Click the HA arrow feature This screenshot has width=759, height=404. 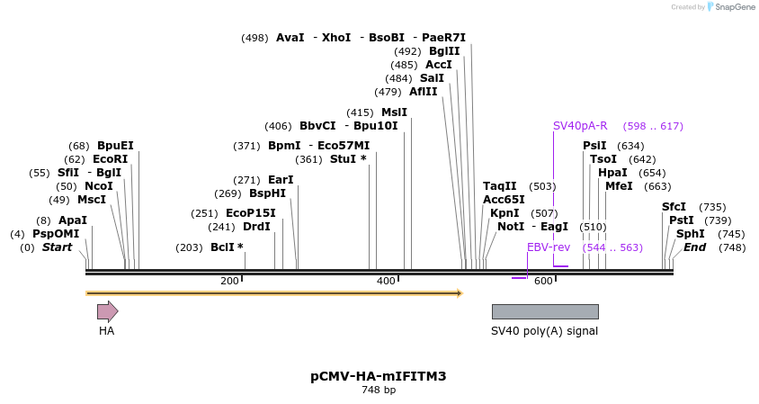[x=107, y=311]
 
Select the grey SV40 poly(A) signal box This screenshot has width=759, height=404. [x=544, y=311]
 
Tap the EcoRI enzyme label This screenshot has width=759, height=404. [x=110, y=159]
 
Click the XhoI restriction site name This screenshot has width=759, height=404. [x=335, y=38]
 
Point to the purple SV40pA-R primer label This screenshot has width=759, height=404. [x=580, y=126]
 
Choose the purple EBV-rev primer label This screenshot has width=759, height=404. [x=549, y=247]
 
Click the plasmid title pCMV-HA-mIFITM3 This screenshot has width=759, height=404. [x=378, y=376]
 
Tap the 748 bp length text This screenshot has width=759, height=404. [x=378, y=391]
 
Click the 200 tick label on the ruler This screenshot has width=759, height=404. [x=229, y=282]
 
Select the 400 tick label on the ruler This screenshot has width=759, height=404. [x=386, y=282]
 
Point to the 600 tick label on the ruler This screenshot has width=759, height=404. [x=543, y=282]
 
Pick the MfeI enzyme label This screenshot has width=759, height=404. [x=619, y=186]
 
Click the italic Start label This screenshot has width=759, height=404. [x=57, y=247]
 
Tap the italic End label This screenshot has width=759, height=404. [x=694, y=247]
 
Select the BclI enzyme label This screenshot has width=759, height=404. [x=227, y=247]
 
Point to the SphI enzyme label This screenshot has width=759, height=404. [x=691, y=234]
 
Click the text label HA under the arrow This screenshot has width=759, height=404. [x=106, y=331]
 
